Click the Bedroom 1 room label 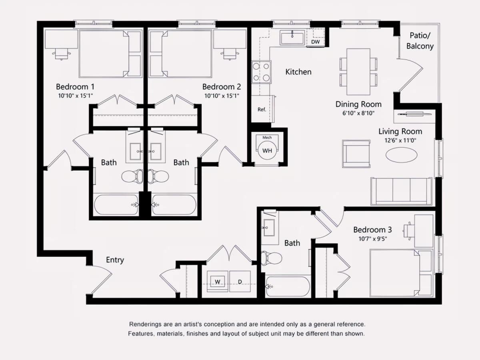pyautogui.click(x=75, y=87)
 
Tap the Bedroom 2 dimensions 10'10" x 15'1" pyautogui.click(x=222, y=96)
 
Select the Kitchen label pyautogui.click(x=298, y=72)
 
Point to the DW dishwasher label pyautogui.click(x=315, y=42)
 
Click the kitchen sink pyautogui.click(x=292, y=38)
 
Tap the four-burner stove pyautogui.click(x=261, y=72)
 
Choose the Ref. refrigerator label pyautogui.click(x=262, y=110)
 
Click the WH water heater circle pyautogui.click(x=267, y=151)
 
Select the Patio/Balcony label pyautogui.click(x=420, y=41)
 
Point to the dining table pyautogui.click(x=358, y=72)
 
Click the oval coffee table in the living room pyautogui.click(x=401, y=155)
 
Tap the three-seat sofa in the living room pyautogui.click(x=402, y=192)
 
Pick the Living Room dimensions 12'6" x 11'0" pyautogui.click(x=400, y=140)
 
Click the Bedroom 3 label pyautogui.click(x=373, y=230)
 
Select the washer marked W pyautogui.click(x=218, y=281)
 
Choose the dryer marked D pyautogui.click(x=240, y=281)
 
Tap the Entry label pyautogui.click(x=115, y=260)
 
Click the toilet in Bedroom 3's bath pyautogui.click(x=272, y=258)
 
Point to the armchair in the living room pyautogui.click(x=356, y=154)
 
